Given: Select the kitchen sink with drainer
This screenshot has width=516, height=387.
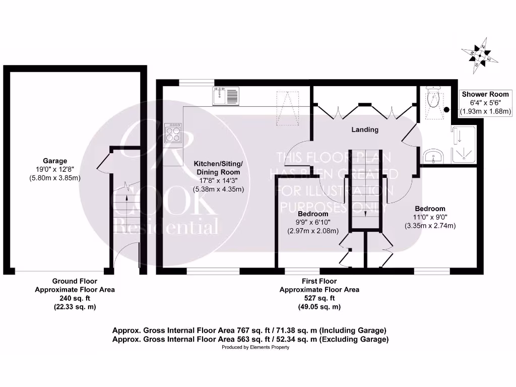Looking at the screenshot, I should pyautogui.click(x=226, y=96).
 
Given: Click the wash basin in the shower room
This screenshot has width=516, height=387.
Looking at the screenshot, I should pyautogui.click(x=433, y=157).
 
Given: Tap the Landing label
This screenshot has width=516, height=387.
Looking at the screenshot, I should pyautogui.click(x=365, y=130).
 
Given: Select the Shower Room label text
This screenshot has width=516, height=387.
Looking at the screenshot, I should pyautogui.click(x=485, y=94).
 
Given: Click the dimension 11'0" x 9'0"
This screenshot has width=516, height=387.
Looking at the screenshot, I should pyautogui.click(x=430, y=217).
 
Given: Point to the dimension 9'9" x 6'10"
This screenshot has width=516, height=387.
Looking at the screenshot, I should pyautogui.click(x=313, y=222).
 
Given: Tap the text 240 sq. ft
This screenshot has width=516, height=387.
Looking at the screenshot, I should pyautogui.click(x=74, y=298).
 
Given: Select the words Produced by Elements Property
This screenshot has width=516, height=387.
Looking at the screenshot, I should pyautogui.click(x=255, y=348).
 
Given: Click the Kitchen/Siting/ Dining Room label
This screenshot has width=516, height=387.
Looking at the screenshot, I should pyautogui.click(x=219, y=168).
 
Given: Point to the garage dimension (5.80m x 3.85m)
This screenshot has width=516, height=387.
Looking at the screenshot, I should pyautogui.click(x=55, y=178).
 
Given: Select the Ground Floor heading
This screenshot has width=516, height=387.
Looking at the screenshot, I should pyautogui.click(x=75, y=281).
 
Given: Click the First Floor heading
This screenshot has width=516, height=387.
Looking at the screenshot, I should pyautogui.click(x=319, y=281).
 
